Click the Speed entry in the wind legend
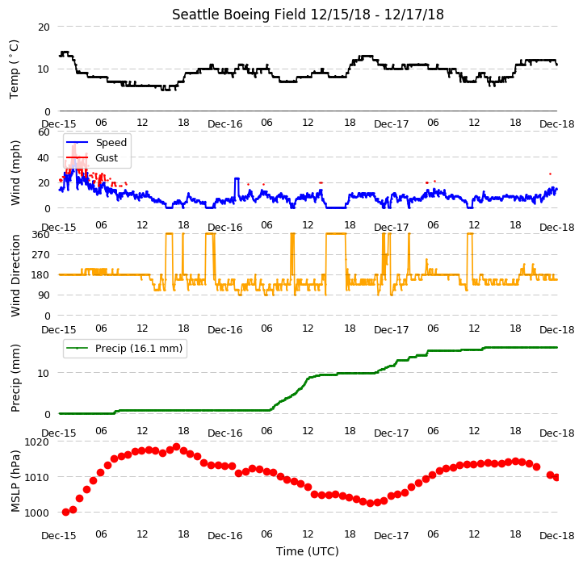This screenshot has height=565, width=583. (x=111, y=142)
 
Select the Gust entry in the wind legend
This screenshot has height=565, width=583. (x=107, y=157)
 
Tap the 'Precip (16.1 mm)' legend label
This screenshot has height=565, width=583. (x=139, y=349)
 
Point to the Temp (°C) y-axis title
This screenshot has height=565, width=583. (x=14, y=69)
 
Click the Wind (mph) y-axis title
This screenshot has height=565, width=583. (x=15, y=173)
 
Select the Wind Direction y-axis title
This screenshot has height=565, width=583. (x=15, y=275)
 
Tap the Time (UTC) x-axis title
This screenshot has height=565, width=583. (x=307, y=550)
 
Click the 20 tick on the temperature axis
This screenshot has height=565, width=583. (x=44, y=27)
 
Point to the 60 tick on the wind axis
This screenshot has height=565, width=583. (x=44, y=132)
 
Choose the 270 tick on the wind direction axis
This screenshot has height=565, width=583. (x=41, y=254)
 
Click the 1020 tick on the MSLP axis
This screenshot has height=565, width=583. (x=37, y=442)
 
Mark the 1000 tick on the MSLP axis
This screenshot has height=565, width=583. (x=37, y=513)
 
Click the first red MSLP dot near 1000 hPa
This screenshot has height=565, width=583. (x=66, y=512)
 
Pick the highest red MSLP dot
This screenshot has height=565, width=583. (x=177, y=446)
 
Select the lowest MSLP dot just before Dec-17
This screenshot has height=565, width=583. (x=370, y=503)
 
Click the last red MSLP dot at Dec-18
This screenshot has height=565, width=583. (x=556, y=477)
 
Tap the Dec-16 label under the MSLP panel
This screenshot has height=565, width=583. (x=225, y=536)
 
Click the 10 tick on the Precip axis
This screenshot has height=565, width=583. (x=44, y=373)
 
